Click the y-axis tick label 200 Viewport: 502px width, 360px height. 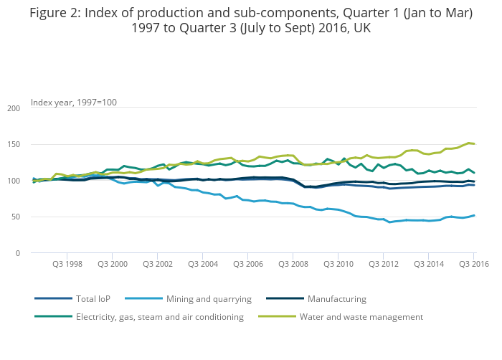coord(13,108)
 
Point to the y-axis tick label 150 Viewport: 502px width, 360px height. coord(13,145)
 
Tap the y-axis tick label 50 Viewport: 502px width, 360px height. coord(15,217)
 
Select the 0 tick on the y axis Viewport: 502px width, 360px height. coord(17,253)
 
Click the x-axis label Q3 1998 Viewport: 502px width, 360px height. coord(67,264)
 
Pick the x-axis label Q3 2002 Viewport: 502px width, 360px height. coord(157,264)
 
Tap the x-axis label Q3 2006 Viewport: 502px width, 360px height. coord(248,264)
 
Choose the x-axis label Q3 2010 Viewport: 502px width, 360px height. coord(338,264)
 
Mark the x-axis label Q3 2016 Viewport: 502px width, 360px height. coord(473,264)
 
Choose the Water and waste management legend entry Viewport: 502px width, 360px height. coord(361,316)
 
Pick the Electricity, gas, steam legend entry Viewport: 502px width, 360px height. coord(160,316)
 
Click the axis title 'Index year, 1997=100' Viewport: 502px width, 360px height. coord(74,102)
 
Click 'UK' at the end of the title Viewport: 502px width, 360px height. coord(362,28)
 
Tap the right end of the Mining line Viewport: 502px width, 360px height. coord(474,215)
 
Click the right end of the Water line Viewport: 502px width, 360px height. coord(474,143)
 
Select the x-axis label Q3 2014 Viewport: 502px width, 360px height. coord(429,264)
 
